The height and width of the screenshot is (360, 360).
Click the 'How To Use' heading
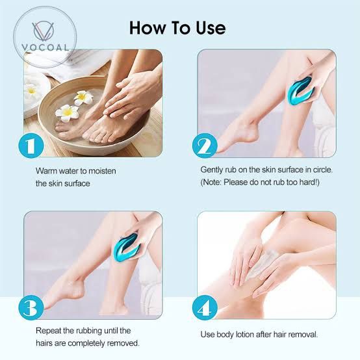click(x=177, y=27)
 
